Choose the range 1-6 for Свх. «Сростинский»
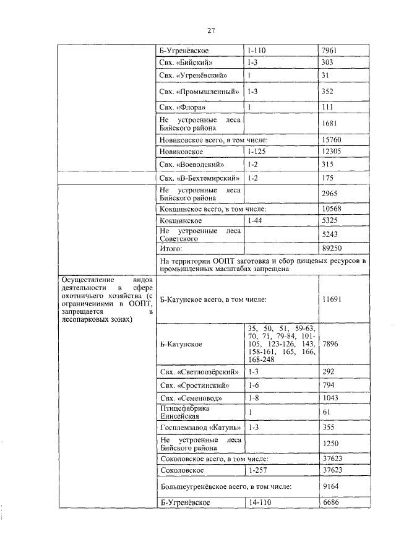[x=252, y=386]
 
